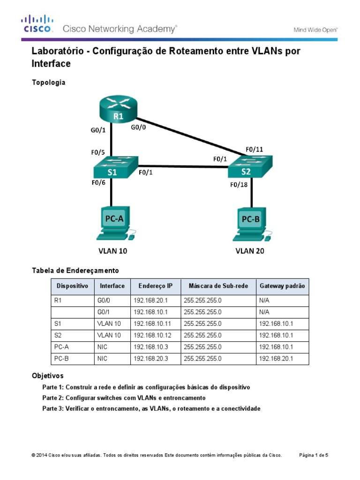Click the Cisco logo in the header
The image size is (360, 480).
point(37,24)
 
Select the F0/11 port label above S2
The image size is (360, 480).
point(255,150)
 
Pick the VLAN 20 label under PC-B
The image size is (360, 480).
point(249,251)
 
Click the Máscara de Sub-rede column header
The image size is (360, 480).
point(218,286)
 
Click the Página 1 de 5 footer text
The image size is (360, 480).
point(314,455)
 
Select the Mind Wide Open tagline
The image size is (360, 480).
point(315,30)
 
